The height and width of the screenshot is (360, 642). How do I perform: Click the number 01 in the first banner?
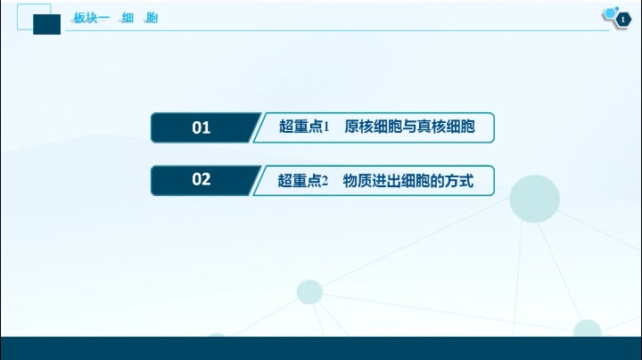click(x=202, y=127)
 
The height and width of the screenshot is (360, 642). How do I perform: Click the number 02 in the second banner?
click(x=202, y=180)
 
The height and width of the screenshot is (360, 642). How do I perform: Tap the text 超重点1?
click(x=304, y=127)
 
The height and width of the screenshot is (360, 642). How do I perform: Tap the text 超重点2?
click(x=303, y=181)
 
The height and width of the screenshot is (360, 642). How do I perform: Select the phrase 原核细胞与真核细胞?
click(x=409, y=127)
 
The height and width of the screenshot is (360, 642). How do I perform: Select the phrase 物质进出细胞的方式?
click(x=407, y=181)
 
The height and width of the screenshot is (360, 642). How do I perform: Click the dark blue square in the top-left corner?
click(x=45, y=23)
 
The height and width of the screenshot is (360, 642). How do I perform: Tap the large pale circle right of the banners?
click(x=534, y=198)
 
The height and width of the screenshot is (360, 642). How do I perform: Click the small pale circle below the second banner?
click(x=309, y=291)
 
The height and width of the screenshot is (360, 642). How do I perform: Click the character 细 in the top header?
click(x=128, y=17)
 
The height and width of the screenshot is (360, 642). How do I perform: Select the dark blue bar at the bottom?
click(x=321, y=348)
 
